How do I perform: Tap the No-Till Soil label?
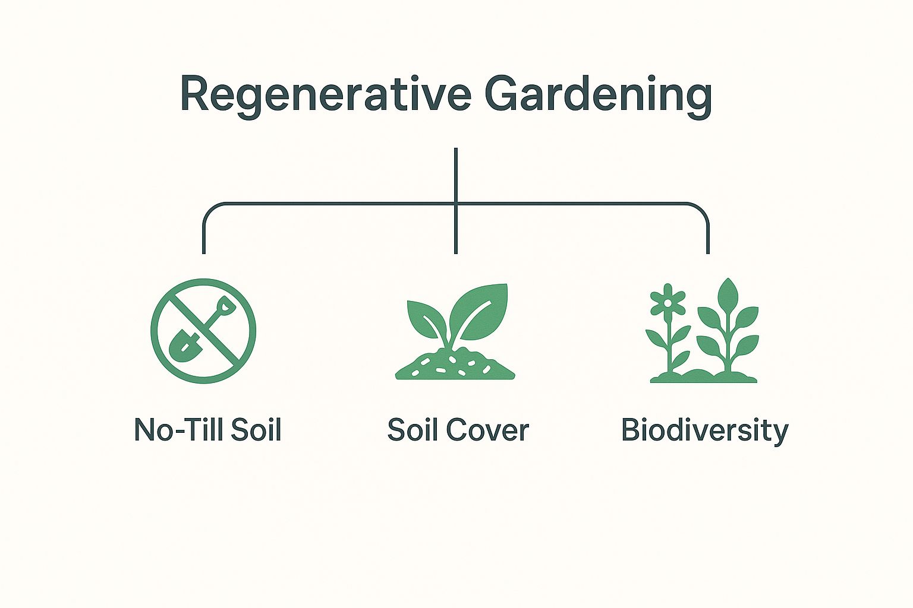click(207, 429)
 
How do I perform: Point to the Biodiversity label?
click(704, 430)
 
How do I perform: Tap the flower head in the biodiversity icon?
click(668, 302)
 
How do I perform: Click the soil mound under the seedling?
click(455, 366)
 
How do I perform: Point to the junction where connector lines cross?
click(456, 204)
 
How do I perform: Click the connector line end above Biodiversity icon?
click(708, 251)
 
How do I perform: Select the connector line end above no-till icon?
click(204, 251)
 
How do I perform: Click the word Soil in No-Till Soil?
click(256, 429)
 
